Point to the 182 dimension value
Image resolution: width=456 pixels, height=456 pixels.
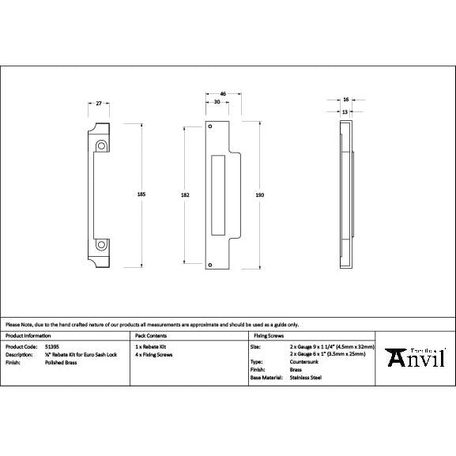click(x=184, y=194)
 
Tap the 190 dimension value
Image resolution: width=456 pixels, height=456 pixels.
click(x=260, y=194)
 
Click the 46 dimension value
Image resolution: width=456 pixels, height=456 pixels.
click(x=223, y=94)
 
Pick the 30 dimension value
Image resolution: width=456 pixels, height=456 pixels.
click(x=217, y=102)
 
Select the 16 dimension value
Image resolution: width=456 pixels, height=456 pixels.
click(x=346, y=100)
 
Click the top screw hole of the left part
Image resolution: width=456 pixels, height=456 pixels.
click(x=101, y=145)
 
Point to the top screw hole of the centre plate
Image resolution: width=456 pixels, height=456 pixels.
click(x=211, y=127)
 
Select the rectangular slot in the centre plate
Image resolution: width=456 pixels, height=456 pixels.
click(x=219, y=194)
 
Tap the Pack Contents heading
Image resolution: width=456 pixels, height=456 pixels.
click(x=150, y=336)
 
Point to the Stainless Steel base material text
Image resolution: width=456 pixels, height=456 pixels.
click(x=306, y=378)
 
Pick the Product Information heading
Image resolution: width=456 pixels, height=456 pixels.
click(x=28, y=336)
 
